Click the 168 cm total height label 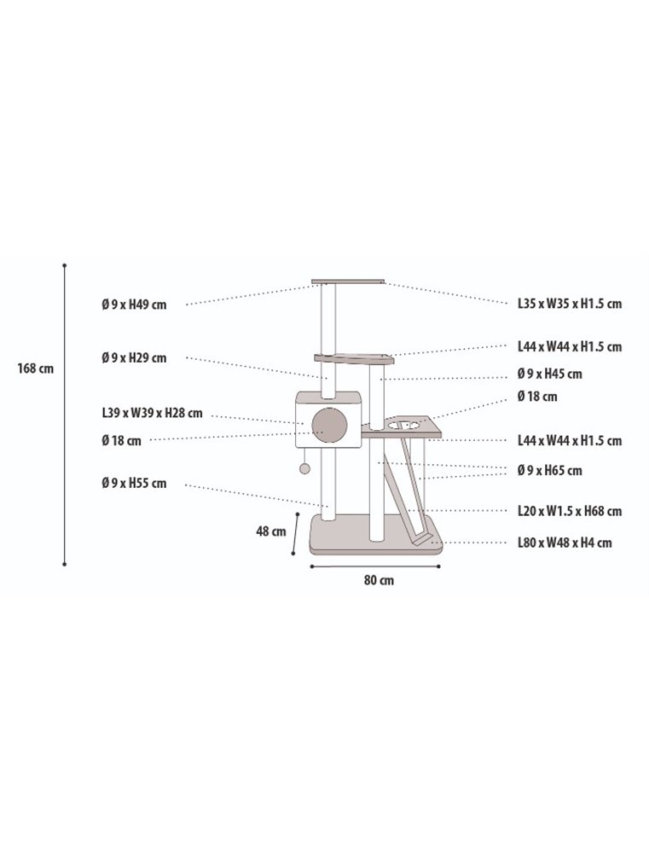click(x=35, y=368)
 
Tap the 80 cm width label click(x=379, y=580)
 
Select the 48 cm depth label click(x=271, y=531)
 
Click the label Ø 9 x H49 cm click(x=134, y=305)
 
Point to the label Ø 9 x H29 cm click(x=134, y=358)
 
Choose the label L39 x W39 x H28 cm click(x=152, y=414)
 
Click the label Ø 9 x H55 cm click(x=134, y=484)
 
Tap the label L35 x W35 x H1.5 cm click(x=570, y=305)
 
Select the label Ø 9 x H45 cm click(x=549, y=374)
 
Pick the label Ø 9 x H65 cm click(x=549, y=471)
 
